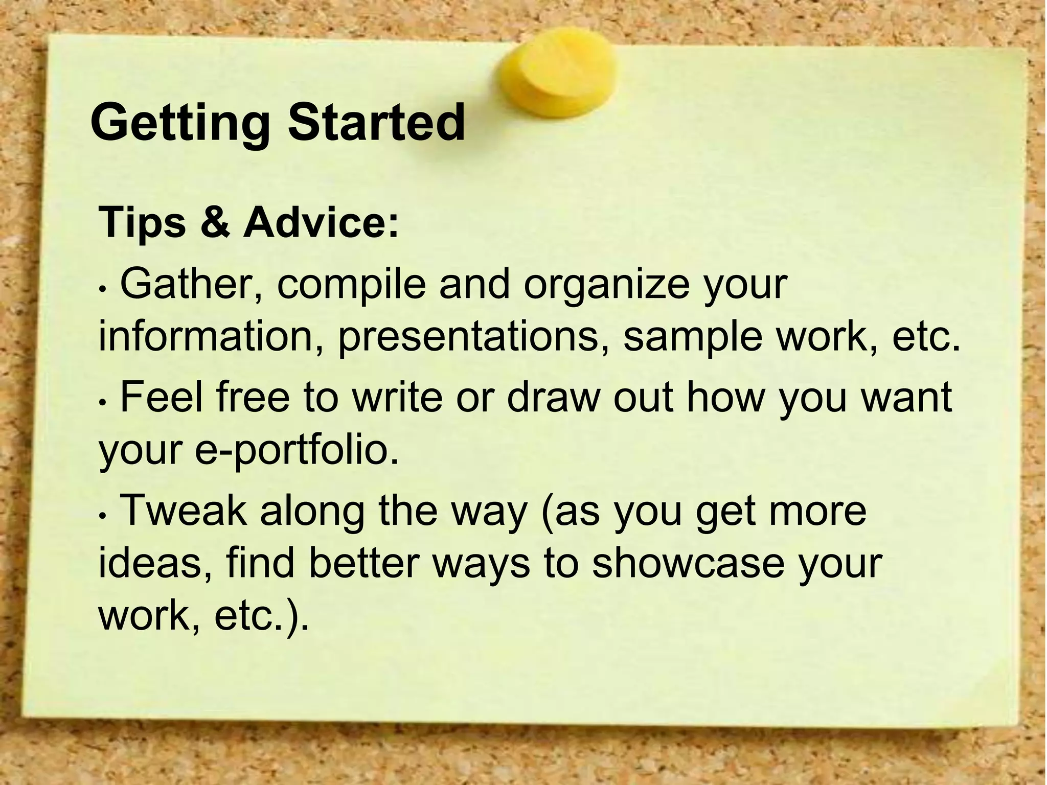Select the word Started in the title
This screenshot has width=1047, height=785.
pyautogui.click(x=376, y=123)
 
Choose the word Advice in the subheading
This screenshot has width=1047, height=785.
pyautogui.click(x=320, y=222)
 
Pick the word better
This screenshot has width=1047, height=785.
pyautogui.click(x=365, y=563)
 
